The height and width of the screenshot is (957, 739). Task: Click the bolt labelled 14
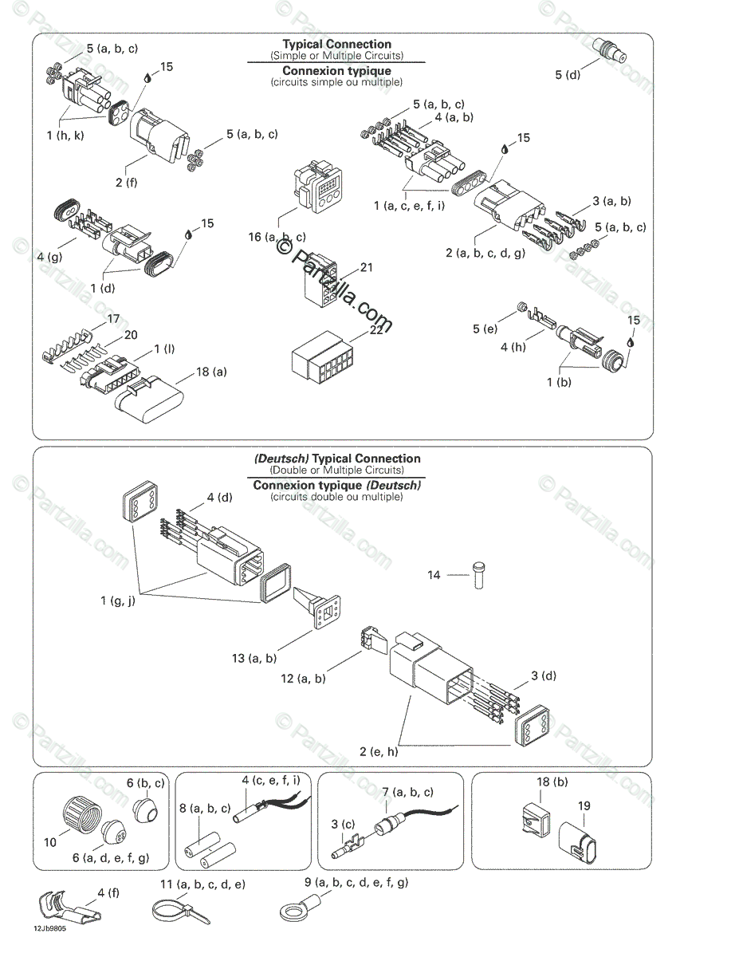pyautogui.click(x=478, y=574)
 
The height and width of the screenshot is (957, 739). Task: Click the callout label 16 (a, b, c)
pyautogui.click(x=277, y=237)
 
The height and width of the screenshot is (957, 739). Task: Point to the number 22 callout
pyautogui.click(x=376, y=329)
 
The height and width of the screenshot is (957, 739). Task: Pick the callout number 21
pyautogui.click(x=366, y=268)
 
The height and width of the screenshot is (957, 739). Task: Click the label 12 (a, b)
pyautogui.click(x=303, y=679)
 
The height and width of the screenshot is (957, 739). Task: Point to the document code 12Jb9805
pyautogui.click(x=50, y=929)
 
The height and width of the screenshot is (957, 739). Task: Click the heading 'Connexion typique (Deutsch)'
pyautogui.click(x=337, y=485)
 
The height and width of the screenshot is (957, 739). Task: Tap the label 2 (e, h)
pyautogui.click(x=379, y=751)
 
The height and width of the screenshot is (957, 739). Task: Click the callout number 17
pyautogui.click(x=113, y=318)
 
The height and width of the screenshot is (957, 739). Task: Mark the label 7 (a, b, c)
pyautogui.click(x=407, y=792)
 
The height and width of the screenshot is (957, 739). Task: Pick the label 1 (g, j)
pyautogui.click(x=118, y=601)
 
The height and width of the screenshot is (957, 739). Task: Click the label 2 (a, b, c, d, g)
pyautogui.click(x=485, y=253)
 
